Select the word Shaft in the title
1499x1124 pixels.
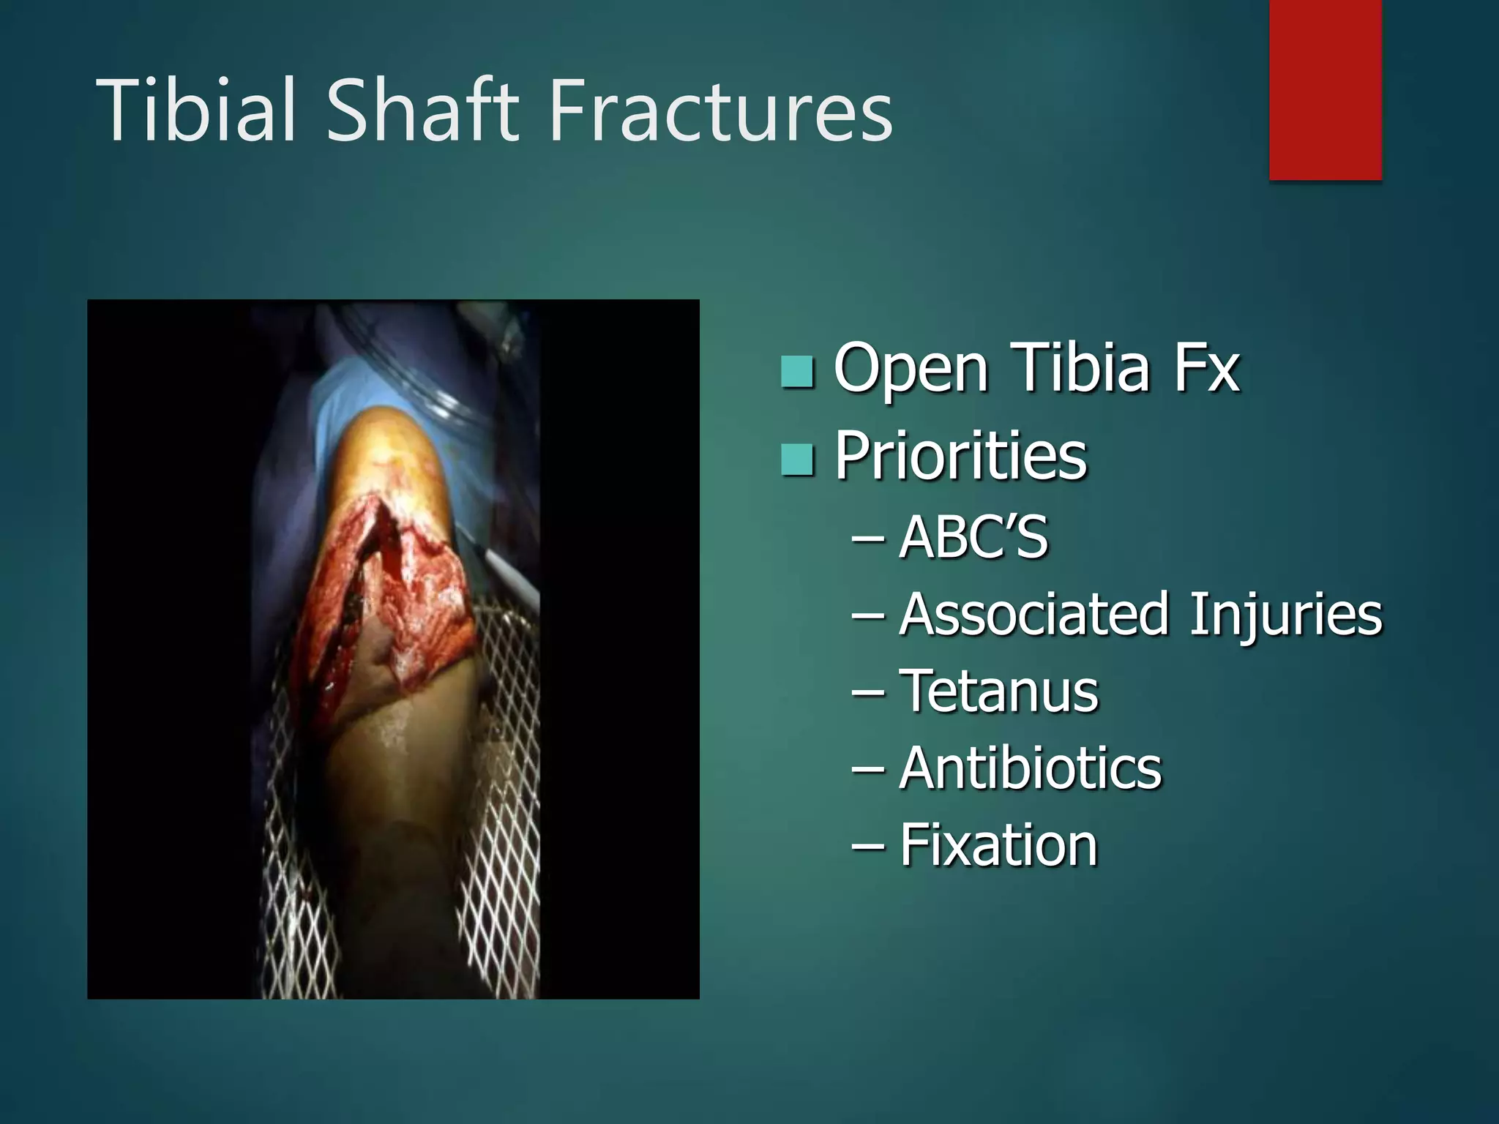click(x=422, y=111)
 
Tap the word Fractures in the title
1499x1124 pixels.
click(x=720, y=111)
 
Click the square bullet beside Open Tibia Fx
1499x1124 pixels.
click(x=797, y=372)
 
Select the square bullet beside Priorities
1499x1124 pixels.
click(x=797, y=460)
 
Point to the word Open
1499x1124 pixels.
click(x=911, y=370)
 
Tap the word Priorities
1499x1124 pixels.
click(x=960, y=457)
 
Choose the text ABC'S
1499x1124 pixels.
click(x=973, y=538)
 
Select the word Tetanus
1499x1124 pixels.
click(x=998, y=692)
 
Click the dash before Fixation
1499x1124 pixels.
click(x=868, y=847)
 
